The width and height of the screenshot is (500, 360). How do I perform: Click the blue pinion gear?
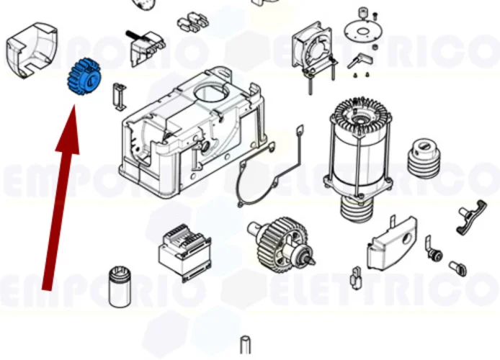[85, 77]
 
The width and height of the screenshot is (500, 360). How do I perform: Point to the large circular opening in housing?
[214, 93]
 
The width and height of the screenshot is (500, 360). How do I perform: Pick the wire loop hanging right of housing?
[300, 144]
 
